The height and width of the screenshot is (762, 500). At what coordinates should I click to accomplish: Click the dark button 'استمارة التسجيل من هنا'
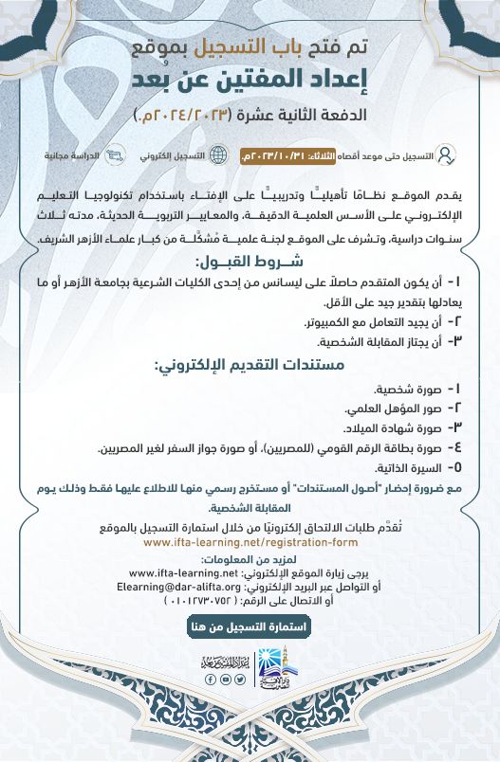point(250,626)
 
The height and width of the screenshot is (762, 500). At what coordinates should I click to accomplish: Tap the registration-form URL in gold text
point(250,543)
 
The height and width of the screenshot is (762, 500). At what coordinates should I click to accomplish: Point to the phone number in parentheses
point(200,599)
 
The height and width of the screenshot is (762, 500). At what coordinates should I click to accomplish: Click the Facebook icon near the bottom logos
point(210,680)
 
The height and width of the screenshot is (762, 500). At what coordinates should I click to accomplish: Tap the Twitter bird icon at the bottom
point(240,680)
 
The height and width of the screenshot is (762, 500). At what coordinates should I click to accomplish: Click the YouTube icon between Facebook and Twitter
point(225,680)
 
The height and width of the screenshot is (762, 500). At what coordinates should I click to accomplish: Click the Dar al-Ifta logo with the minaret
point(276,672)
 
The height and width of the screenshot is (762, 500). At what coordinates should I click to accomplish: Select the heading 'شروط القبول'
point(250,262)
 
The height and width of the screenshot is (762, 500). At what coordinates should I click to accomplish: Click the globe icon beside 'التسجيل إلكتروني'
point(218,154)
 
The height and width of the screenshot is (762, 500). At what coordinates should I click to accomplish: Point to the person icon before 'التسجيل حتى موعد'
point(447,154)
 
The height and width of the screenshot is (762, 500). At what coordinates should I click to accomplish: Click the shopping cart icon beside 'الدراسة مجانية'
point(115,154)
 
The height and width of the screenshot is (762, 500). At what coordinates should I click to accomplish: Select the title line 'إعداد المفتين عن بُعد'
point(250,80)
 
